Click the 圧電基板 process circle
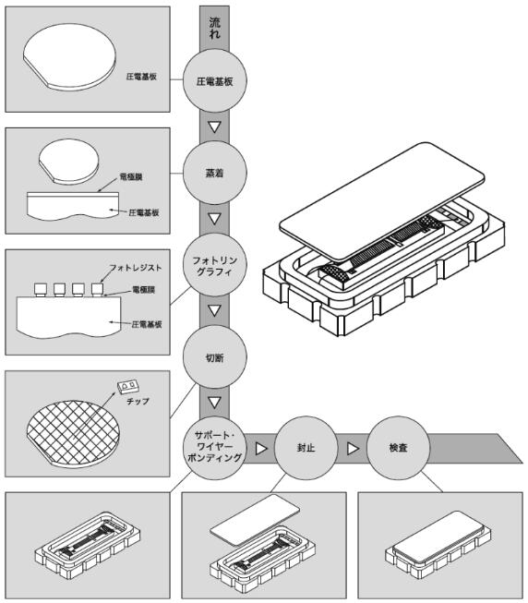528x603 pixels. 214,80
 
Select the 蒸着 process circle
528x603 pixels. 214,173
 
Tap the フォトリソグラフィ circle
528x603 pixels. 214,265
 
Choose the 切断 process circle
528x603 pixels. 214,357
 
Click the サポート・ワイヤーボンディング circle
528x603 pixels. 214,448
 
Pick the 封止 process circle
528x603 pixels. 306,448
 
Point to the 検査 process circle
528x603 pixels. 398,448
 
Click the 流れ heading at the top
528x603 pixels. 215,28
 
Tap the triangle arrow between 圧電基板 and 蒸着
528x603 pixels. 214,127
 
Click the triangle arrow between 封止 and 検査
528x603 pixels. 353,449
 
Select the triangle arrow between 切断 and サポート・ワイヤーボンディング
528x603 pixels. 214,403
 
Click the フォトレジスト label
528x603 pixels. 136,268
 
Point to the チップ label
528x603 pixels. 138,401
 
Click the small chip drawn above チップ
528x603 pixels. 128,386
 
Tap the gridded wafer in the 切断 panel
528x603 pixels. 73,434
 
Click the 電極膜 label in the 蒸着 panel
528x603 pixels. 131,177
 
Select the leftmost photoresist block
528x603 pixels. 41,289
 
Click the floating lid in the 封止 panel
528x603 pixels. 255,520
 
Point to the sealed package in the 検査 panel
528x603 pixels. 438,544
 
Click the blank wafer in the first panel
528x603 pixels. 69,57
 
